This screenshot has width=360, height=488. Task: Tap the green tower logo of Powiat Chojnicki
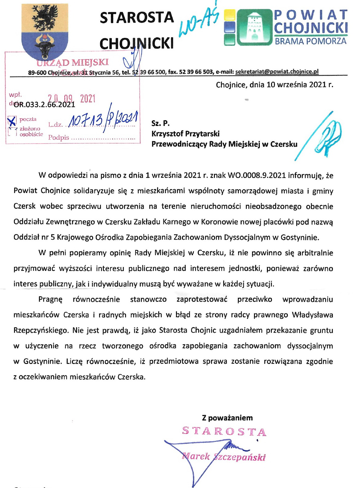click(254, 27)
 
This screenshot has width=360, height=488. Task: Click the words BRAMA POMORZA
click(310, 41)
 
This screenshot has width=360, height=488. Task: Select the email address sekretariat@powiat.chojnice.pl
click(277, 72)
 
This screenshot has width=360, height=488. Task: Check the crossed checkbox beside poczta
click(12, 121)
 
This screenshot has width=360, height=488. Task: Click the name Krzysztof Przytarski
click(186, 134)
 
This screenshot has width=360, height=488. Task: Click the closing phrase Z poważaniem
click(227, 418)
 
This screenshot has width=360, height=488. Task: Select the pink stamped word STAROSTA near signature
click(224, 431)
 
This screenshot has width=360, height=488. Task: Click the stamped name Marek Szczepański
click(223, 457)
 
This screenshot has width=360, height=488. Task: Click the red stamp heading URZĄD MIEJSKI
click(73, 62)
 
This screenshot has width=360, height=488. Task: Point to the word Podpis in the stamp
click(58, 138)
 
